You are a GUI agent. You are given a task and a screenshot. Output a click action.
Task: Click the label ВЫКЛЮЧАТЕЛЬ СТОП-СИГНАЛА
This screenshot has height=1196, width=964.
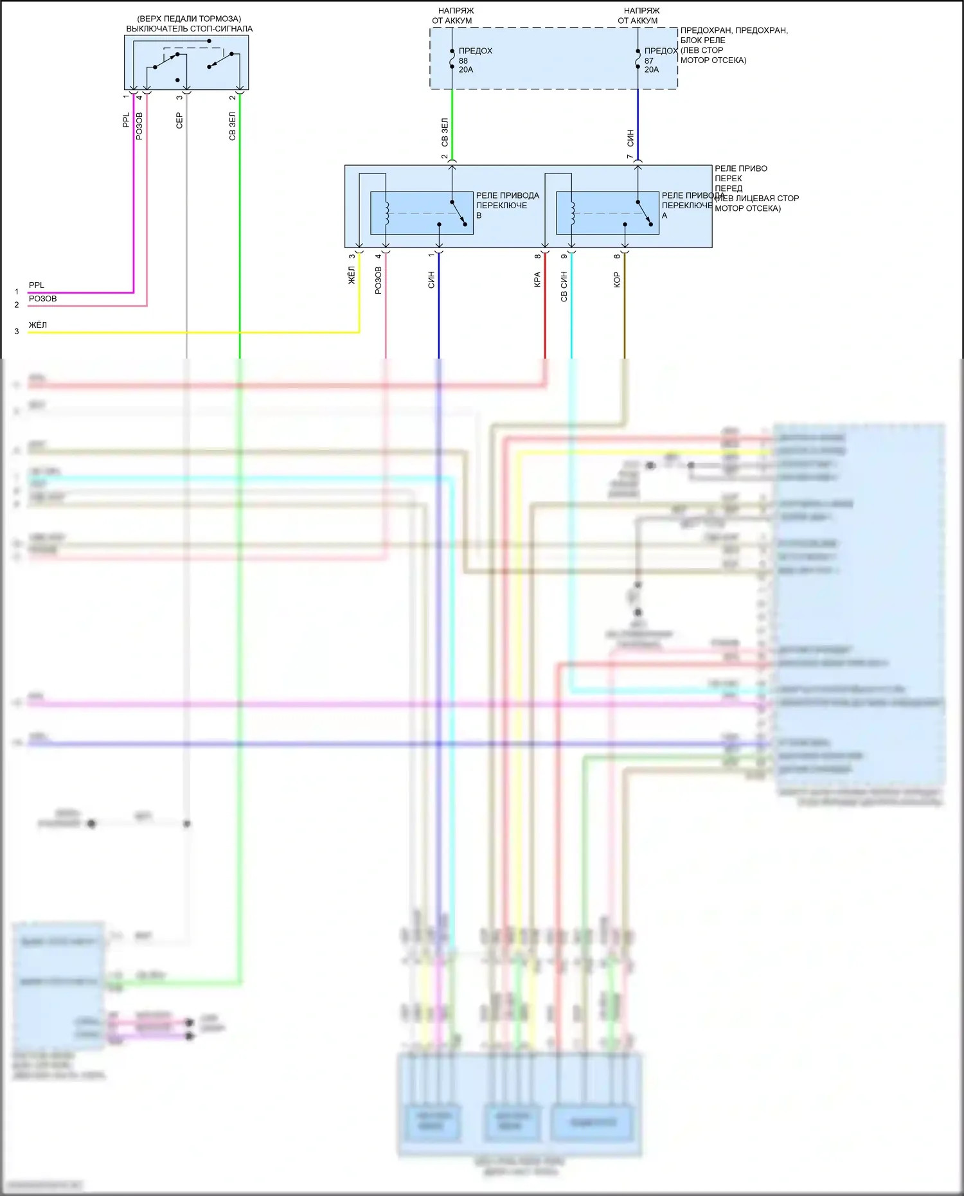tap(189, 29)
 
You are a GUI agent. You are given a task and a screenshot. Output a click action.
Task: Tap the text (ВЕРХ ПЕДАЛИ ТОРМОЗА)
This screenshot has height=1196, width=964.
tap(189, 19)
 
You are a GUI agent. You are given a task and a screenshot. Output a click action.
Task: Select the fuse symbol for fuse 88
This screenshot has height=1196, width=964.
tap(452, 60)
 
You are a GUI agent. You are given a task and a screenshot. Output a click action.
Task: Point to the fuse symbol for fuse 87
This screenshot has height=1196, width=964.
tap(638, 60)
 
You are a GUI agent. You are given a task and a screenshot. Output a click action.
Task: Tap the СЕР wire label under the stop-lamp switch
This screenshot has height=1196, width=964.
tap(179, 121)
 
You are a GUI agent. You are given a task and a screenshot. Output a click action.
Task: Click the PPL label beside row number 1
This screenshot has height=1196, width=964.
tap(37, 285)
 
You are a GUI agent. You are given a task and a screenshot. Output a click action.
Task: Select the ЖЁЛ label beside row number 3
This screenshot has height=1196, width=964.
tap(38, 325)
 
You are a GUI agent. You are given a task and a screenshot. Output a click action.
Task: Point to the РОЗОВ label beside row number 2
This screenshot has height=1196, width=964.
tap(42, 299)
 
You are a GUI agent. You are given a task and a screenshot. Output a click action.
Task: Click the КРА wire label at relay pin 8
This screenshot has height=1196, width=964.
tap(537, 280)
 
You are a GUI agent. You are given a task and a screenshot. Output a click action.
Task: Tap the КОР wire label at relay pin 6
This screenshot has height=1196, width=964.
tap(617, 280)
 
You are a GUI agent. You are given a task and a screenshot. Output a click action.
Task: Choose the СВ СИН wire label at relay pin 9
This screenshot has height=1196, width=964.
tap(564, 287)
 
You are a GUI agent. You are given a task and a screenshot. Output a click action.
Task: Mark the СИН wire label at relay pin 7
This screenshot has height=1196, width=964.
tap(630, 138)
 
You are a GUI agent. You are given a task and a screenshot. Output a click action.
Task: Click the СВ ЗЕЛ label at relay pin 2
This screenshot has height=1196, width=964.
tap(445, 132)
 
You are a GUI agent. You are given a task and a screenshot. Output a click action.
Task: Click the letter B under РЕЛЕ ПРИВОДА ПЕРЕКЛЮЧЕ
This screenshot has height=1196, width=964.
tap(479, 216)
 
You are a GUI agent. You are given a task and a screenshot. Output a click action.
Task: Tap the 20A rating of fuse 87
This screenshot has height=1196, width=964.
tap(652, 70)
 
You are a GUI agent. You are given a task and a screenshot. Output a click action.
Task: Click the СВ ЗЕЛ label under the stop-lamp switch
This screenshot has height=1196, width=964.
tap(232, 127)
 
